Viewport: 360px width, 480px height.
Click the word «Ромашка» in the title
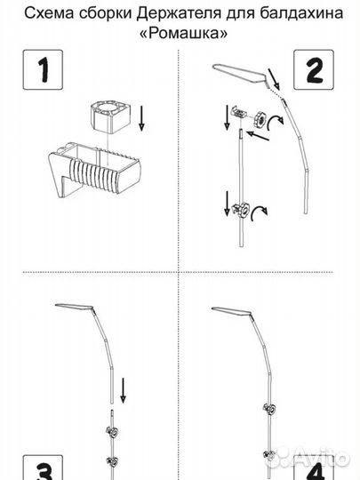pos(184,33)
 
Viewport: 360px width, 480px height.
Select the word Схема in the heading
pos(49,13)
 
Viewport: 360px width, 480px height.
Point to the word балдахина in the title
pos(302,13)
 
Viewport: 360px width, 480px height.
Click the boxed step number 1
pos(43,70)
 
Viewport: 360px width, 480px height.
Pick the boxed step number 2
pos(314,70)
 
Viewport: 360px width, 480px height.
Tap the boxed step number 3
pos(43,468)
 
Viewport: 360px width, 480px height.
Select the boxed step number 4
pos(314,468)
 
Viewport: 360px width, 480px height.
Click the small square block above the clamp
pos(110,117)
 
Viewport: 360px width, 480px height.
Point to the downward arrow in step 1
pos(141,118)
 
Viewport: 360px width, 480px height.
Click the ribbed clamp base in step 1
pos(94,170)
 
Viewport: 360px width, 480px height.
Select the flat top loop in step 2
pos(240,73)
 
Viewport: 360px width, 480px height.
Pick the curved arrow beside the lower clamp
pos(258,212)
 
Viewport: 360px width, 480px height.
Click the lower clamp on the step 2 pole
pos(240,210)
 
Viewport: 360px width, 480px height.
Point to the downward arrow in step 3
pos(123,390)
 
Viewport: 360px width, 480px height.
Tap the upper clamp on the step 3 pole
pos(113,432)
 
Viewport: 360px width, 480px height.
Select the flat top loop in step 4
pos(232,311)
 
